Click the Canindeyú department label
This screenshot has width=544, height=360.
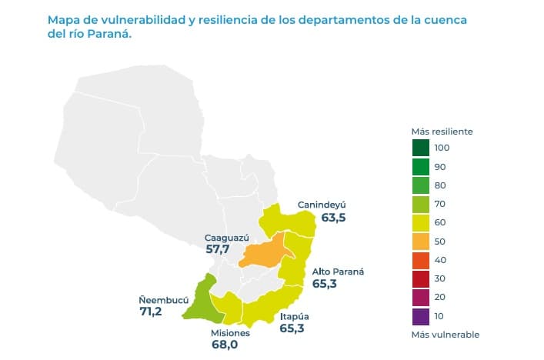click(x=322, y=205)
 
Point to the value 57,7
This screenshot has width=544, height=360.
click(x=216, y=250)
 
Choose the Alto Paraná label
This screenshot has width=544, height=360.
click(x=337, y=272)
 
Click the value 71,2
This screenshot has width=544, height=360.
click(x=151, y=312)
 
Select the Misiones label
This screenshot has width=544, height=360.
click(x=230, y=333)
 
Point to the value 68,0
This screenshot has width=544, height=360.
click(x=224, y=345)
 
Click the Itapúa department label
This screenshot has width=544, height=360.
click(x=295, y=315)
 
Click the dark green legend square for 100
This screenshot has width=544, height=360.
click(x=421, y=148)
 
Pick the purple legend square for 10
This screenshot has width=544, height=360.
click(x=421, y=316)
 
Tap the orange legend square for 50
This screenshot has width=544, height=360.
click(x=421, y=242)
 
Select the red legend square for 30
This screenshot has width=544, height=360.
click(x=421, y=278)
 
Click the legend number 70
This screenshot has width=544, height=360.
click(x=440, y=204)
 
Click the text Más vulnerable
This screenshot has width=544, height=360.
click(x=446, y=335)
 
